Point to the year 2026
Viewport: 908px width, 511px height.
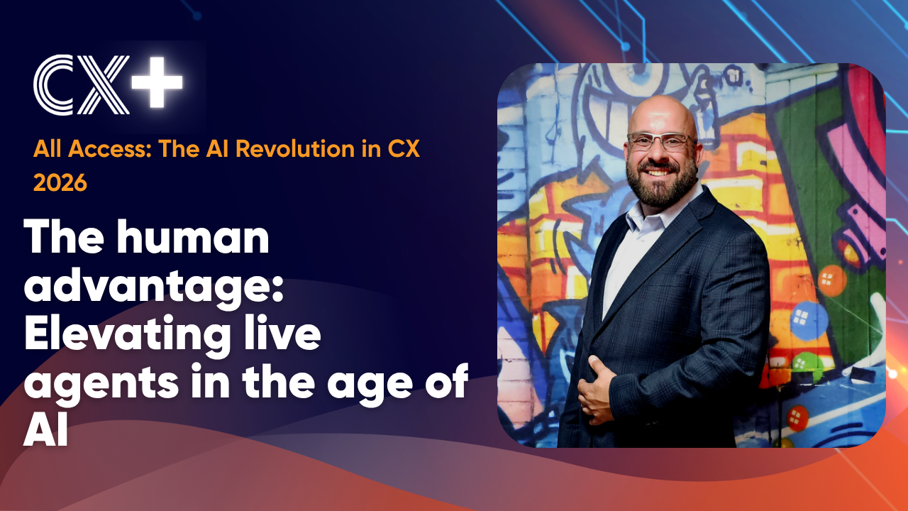pyautogui.click(x=60, y=182)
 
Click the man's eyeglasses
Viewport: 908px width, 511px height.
pyautogui.click(x=660, y=141)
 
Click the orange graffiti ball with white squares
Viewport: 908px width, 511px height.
pyautogui.click(x=831, y=280)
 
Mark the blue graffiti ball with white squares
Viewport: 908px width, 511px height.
pyautogui.click(x=808, y=319)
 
